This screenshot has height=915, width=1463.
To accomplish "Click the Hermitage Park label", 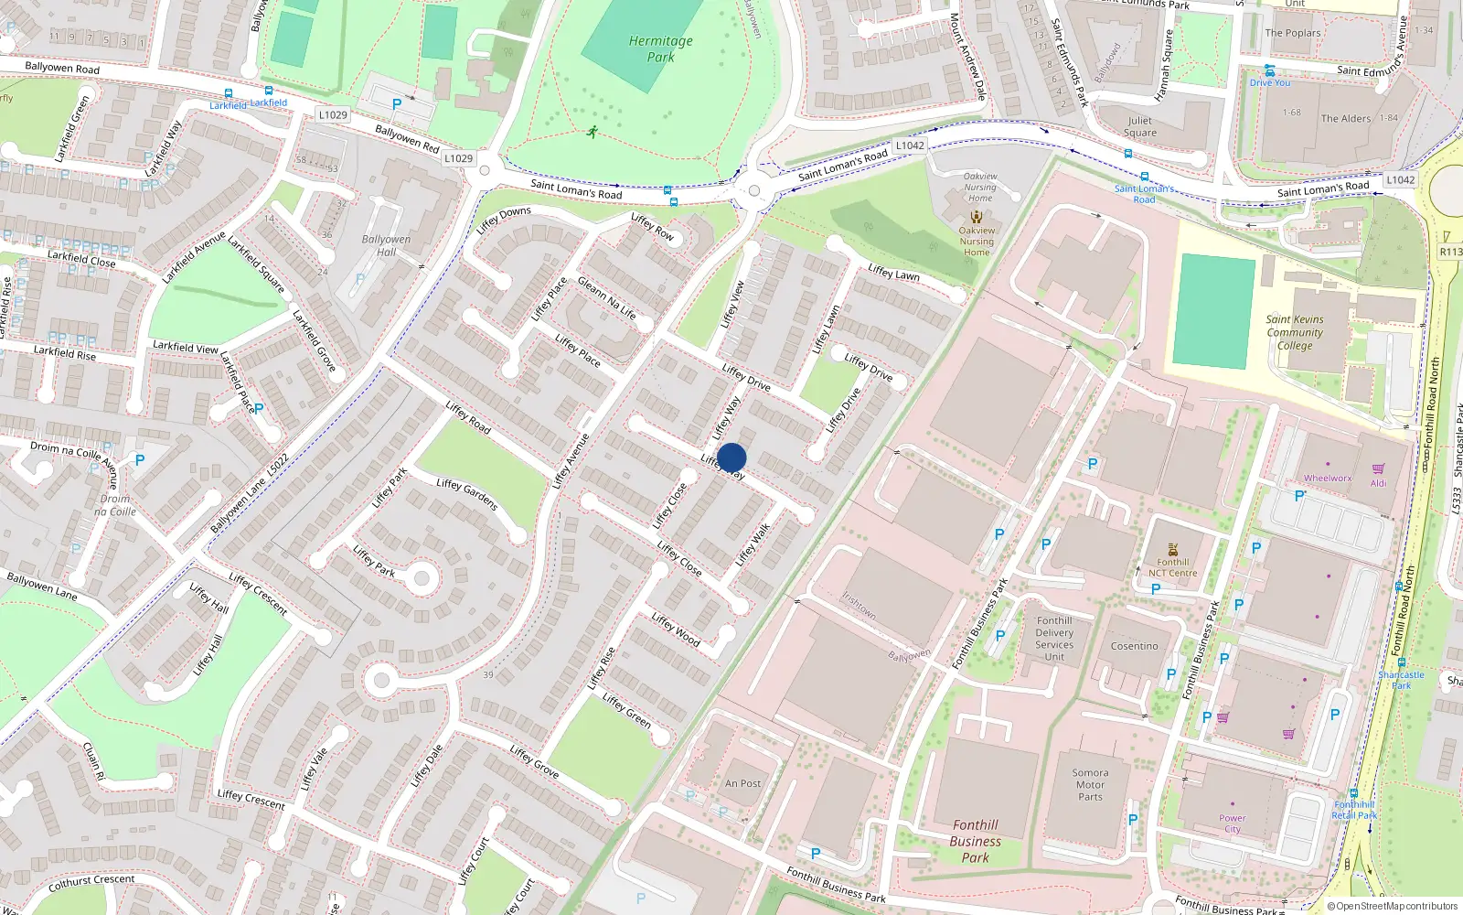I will click(660, 48).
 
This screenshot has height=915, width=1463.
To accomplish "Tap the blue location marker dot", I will click(731, 457).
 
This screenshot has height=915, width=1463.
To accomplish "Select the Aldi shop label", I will click(1378, 483).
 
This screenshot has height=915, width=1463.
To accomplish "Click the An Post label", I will click(742, 783).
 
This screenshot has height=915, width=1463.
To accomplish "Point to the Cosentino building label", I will click(1134, 646).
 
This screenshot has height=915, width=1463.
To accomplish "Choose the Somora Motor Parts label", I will click(1090, 784).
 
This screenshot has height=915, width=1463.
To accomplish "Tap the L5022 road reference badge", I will click(277, 464).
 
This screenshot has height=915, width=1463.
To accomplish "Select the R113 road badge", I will click(1450, 252).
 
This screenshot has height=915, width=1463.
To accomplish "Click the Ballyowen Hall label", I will click(386, 245).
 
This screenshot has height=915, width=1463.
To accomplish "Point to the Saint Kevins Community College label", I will click(1294, 332).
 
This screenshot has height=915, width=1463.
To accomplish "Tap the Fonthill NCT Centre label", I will click(1172, 567).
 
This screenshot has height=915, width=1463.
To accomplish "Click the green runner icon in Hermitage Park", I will click(593, 132).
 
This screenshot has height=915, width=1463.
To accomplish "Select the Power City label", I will click(1232, 823).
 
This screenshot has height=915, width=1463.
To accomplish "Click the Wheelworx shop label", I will click(1327, 478).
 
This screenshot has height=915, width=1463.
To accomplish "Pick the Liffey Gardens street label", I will click(466, 494).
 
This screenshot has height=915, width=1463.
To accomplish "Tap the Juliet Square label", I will click(1139, 126).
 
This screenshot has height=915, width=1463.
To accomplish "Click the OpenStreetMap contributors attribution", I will click(1392, 906).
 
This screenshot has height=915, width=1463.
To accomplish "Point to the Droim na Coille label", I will click(115, 505).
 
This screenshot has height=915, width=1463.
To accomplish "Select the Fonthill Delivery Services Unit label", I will click(1054, 638).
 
